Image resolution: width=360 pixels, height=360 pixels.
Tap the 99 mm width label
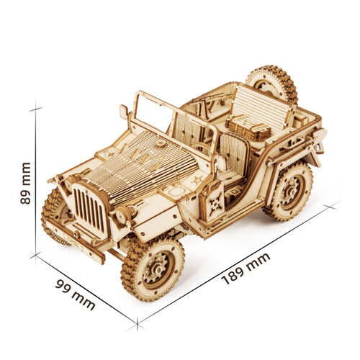(x=75, y=293)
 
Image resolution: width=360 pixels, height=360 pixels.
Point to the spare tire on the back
(x=271, y=84)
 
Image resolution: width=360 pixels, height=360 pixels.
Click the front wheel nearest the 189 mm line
(x=153, y=267)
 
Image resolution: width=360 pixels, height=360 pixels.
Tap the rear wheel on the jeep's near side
(x=288, y=191)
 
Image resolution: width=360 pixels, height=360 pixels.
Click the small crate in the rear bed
(x=248, y=129)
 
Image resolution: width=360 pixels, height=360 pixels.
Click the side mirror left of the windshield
(x=124, y=112)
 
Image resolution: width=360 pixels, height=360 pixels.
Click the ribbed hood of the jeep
(x=140, y=162)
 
